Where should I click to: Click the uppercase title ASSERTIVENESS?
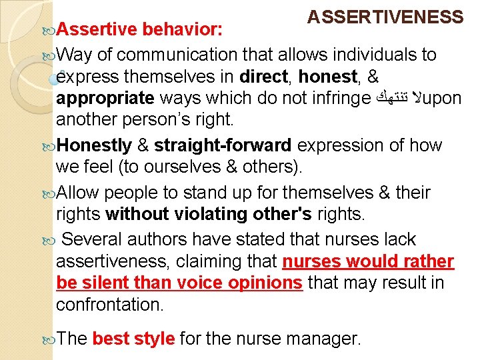point(385,17)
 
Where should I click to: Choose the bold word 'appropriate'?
point(105,99)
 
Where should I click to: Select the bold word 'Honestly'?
point(95,145)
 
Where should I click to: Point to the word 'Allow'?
point(78,193)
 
